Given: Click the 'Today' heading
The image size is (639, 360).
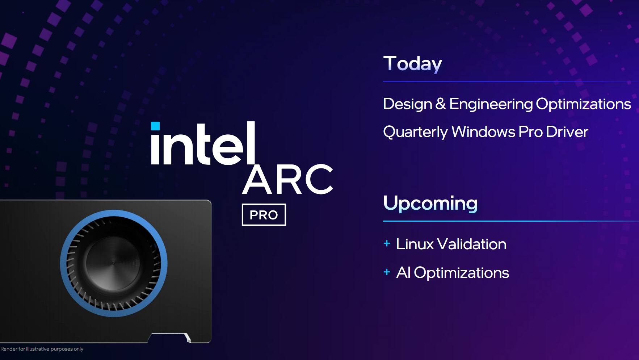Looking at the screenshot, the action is pos(413,64).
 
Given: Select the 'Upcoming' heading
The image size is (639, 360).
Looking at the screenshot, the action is pos(430,204).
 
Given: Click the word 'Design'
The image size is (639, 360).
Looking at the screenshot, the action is pos(408,104).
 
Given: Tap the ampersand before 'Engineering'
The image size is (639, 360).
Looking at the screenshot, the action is pos(440,104).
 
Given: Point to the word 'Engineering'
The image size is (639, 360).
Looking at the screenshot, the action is pos(491,104).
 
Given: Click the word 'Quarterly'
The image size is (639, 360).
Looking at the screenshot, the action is pos(416,132).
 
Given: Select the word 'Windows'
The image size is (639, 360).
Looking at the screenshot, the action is pos(483,132).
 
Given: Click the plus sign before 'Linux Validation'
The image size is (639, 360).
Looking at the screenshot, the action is pos(387,243).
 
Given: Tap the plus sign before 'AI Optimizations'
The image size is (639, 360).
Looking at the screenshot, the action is pos(387,272).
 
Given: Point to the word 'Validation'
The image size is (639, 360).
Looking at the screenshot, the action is pos(472,244).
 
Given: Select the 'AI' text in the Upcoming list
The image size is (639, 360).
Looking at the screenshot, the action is pos(403,273).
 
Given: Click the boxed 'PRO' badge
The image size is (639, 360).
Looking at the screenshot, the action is pos(264,215).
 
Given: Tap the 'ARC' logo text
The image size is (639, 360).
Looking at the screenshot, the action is pos(288,180).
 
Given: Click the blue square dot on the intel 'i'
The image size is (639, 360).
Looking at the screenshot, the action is pos(155,126).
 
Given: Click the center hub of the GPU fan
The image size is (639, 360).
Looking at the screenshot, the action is pos(113,263).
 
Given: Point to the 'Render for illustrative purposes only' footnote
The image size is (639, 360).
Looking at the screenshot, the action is pos(42,349).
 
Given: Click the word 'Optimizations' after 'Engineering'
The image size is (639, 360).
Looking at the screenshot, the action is pos(584,104).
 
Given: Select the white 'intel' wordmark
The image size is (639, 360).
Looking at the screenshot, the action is pos(203,143).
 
